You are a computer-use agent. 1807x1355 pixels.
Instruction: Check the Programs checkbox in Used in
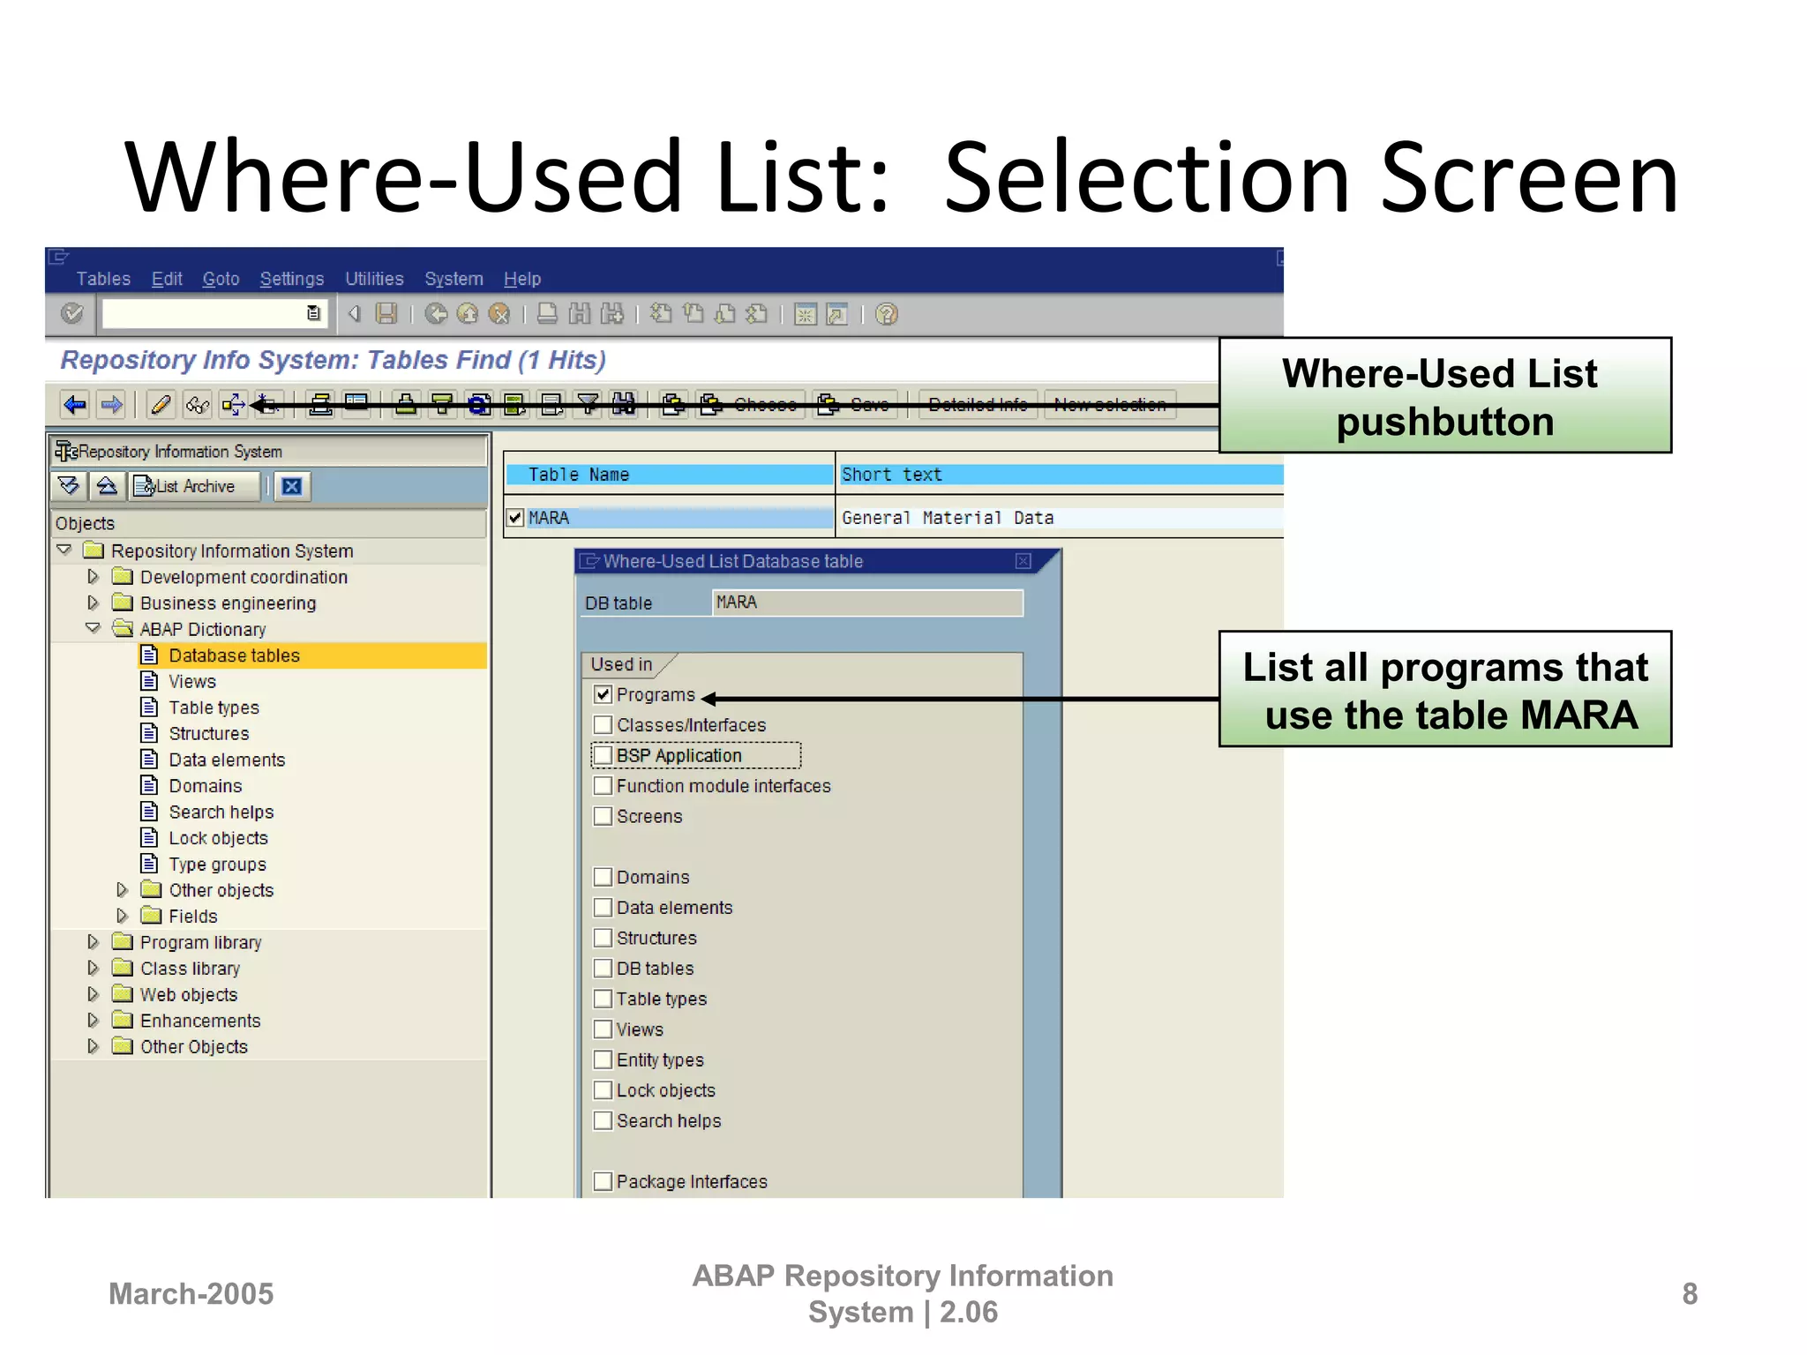pos(603,694)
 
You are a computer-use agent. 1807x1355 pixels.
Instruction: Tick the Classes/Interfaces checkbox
pos(603,725)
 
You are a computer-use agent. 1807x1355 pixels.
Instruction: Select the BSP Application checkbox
pos(603,755)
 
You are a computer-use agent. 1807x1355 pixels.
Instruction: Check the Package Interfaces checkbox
pos(603,1181)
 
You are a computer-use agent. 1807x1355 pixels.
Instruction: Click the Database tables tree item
pos(234,655)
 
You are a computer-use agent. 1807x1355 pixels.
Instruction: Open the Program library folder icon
pos(124,942)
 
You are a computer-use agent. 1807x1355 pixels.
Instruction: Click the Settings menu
pos(291,279)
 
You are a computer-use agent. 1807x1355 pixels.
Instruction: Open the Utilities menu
pos(374,279)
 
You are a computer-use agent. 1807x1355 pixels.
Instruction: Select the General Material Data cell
pos(948,518)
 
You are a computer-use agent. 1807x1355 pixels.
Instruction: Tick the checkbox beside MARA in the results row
pos(516,518)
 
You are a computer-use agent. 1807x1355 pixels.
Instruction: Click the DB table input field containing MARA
pos(866,603)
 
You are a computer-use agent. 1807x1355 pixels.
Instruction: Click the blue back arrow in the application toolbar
pos(75,405)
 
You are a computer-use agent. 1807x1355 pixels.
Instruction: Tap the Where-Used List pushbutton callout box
pos(1444,396)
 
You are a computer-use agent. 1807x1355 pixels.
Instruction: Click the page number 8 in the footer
pos(1690,1293)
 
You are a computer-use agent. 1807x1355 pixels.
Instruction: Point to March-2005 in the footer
pos(191,1293)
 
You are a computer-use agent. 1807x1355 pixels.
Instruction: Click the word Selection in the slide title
pos(1148,178)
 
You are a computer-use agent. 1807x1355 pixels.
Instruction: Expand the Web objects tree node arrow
pos(94,994)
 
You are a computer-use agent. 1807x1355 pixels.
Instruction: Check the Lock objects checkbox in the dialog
pos(603,1090)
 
